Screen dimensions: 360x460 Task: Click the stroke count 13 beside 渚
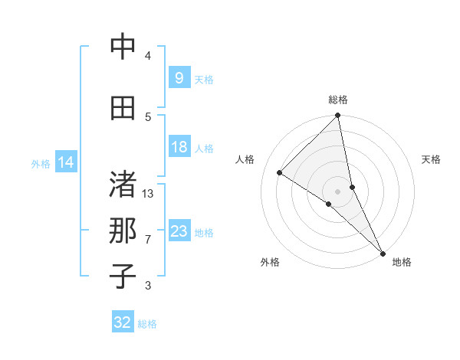(148, 194)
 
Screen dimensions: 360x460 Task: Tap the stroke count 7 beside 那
(148, 240)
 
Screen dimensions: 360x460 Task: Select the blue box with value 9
(179, 77)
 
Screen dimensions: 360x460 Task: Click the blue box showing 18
(179, 147)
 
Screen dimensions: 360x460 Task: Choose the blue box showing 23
(179, 231)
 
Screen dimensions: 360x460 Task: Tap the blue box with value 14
(66, 162)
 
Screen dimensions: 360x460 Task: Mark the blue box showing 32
(123, 322)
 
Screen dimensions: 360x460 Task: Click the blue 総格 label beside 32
(147, 324)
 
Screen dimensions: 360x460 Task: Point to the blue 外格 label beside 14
(41, 163)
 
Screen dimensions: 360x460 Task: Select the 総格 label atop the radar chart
(338, 100)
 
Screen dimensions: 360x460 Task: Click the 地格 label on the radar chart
(402, 262)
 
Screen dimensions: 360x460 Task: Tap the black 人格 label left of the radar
(245, 159)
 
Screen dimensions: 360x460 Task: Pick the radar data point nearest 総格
(338, 116)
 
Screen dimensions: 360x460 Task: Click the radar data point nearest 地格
(382, 252)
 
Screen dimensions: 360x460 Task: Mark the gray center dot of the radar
(337, 191)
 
